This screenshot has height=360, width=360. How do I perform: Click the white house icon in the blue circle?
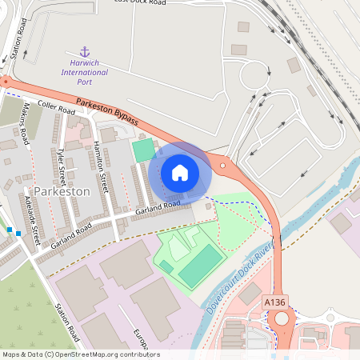pyautogui.click(x=180, y=173)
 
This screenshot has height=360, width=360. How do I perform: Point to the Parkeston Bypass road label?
pyautogui.click(x=107, y=112)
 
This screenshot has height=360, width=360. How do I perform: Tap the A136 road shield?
pyautogui.click(x=274, y=302)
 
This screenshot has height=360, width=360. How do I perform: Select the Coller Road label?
pyautogui.click(x=55, y=108)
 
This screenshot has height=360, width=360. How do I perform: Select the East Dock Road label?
pyautogui.click(x=140, y=2)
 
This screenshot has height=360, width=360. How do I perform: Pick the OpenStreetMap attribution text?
pyautogui.click(x=80, y=354)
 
